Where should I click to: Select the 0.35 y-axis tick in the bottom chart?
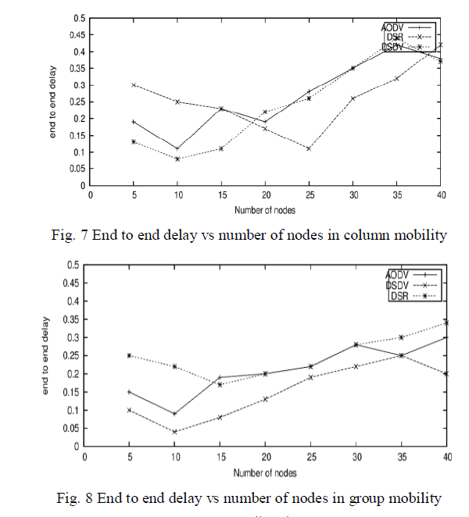click(x=71, y=319)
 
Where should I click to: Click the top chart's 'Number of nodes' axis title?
click(x=266, y=209)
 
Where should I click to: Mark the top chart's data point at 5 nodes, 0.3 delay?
click(x=134, y=85)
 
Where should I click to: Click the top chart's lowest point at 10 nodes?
click(x=177, y=159)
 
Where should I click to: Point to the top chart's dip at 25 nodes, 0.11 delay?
click(x=309, y=148)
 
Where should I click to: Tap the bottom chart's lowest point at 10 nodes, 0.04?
click(x=174, y=432)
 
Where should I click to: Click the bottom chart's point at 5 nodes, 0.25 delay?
click(x=129, y=355)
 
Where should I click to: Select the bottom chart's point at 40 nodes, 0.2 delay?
click(x=446, y=373)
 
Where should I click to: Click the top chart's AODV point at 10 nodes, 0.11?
click(x=177, y=148)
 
